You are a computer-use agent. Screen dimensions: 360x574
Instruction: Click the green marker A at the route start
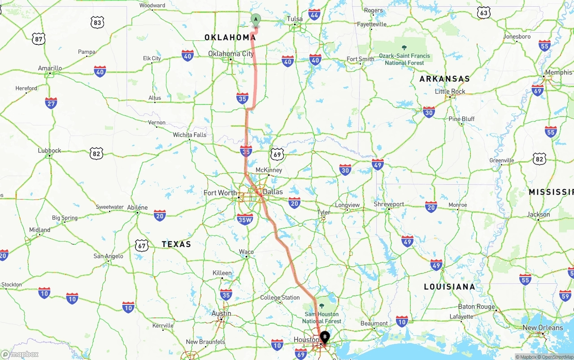click(x=256, y=19)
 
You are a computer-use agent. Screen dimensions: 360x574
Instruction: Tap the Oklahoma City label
click(x=230, y=54)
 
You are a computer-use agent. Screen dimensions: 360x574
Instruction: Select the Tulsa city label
click(x=295, y=19)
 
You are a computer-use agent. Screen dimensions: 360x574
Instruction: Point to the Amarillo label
click(x=50, y=68)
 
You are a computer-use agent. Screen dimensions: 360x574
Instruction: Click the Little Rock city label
click(x=450, y=91)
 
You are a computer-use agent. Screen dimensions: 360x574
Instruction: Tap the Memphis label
click(x=559, y=72)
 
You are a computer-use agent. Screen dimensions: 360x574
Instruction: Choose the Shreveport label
click(x=389, y=204)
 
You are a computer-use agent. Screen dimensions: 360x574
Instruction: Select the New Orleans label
click(x=543, y=328)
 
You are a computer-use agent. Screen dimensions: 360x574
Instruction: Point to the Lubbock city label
click(x=49, y=151)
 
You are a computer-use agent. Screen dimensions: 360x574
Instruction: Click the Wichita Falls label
click(x=190, y=134)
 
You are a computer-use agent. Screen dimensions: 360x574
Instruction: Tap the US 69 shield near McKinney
click(x=277, y=155)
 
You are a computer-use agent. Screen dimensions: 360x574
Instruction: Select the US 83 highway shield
click(x=97, y=22)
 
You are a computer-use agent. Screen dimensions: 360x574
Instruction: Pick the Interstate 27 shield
click(x=51, y=103)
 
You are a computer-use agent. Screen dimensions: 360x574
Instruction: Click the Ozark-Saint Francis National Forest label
click(x=404, y=59)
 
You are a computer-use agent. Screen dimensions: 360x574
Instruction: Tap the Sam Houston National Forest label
click(x=322, y=317)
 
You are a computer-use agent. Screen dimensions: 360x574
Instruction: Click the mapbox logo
click(x=20, y=354)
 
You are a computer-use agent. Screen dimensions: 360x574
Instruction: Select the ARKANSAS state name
click(x=444, y=79)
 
